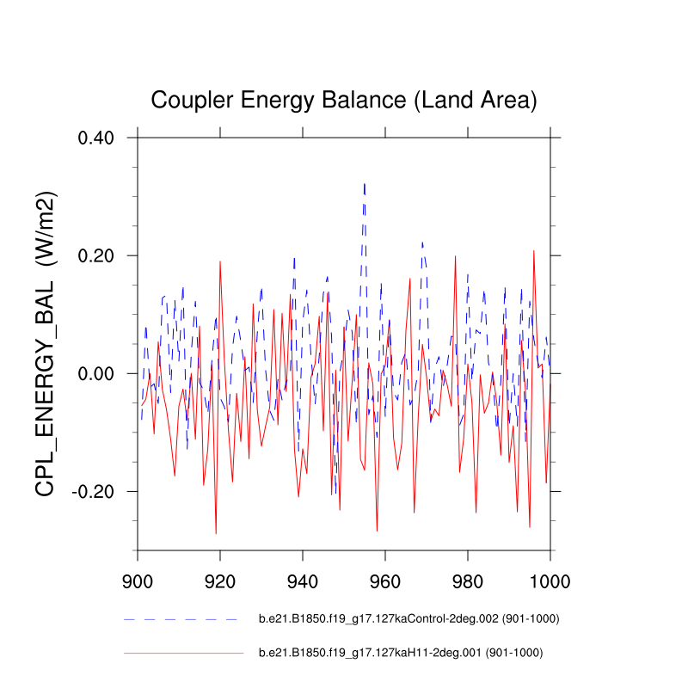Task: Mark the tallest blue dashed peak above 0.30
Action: [x=365, y=183]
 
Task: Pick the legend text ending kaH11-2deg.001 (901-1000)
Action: [x=401, y=653]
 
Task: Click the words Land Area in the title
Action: [x=475, y=100]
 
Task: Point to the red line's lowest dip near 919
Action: [x=216, y=533]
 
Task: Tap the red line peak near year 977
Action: [x=456, y=256]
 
